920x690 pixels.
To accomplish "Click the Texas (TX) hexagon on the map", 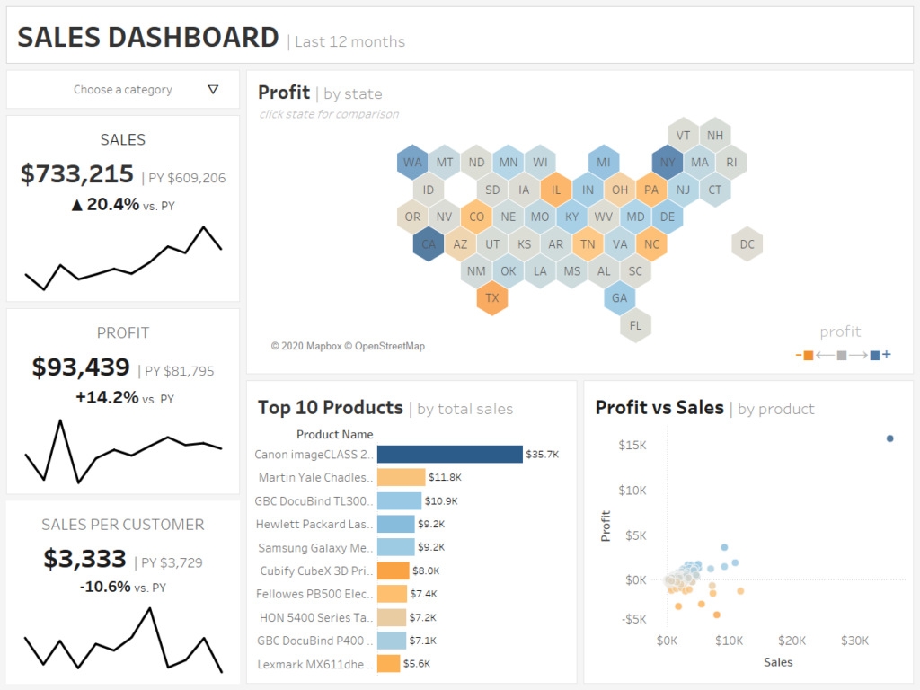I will (492, 297).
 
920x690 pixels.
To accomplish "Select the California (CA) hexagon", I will (429, 243).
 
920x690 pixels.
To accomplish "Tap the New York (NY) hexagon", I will (668, 163).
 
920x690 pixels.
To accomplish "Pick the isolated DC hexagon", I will (747, 243).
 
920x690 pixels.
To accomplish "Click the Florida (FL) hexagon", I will (636, 324).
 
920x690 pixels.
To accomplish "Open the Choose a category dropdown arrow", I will (213, 90).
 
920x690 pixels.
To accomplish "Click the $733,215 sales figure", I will (77, 175).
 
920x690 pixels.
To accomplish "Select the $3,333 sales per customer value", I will (84, 559).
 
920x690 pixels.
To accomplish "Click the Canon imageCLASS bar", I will (449, 455).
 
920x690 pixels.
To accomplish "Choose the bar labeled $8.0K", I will (393, 571).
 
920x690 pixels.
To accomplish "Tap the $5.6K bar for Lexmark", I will (388, 664).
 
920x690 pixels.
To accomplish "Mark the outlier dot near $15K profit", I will (889, 438).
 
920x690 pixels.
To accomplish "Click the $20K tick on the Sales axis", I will (792, 641).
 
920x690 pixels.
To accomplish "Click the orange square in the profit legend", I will (808, 356).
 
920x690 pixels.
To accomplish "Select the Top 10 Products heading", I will (330, 408).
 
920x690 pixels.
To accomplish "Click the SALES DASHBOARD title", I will (148, 38).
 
